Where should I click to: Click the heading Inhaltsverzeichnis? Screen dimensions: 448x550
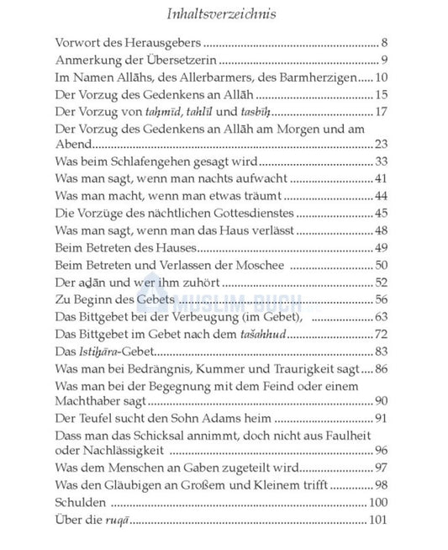pos(223,13)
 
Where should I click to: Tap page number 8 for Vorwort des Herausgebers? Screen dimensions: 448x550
pos(383,41)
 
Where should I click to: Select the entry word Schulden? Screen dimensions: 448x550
pos(80,503)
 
